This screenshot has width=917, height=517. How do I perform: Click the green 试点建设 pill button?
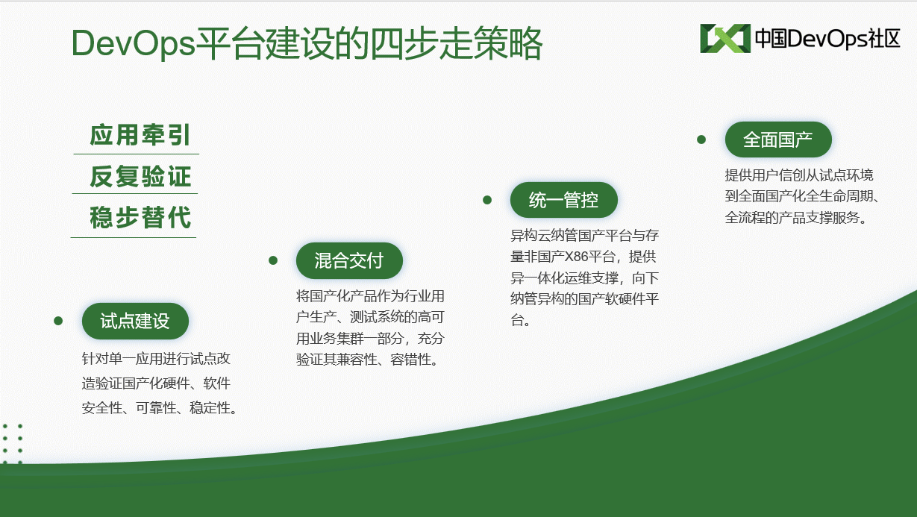(135, 321)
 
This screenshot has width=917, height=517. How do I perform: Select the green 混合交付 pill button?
(349, 261)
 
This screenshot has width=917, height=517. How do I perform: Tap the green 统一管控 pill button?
(564, 200)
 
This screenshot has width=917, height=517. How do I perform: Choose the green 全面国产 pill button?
(778, 140)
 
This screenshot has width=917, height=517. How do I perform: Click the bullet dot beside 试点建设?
(58, 321)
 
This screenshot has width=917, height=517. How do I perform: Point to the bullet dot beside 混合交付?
(273, 260)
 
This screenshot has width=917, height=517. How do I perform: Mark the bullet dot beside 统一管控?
(487, 200)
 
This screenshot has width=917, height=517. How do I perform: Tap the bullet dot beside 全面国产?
(701, 140)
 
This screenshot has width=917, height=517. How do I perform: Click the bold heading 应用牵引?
(140, 135)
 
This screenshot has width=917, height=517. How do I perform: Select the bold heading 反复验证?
(140, 176)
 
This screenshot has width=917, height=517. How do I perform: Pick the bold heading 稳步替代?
(140, 217)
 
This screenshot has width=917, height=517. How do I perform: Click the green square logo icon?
(725, 39)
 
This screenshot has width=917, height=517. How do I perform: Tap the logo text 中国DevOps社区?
(827, 39)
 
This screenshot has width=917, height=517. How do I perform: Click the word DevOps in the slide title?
(134, 43)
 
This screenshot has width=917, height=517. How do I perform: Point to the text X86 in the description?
(576, 257)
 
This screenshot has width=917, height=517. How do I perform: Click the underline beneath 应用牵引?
(137, 154)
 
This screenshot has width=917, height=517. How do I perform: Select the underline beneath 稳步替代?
(134, 237)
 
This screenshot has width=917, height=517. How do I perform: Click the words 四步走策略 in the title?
(455, 43)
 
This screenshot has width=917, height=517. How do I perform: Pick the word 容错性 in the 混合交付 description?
(410, 360)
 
